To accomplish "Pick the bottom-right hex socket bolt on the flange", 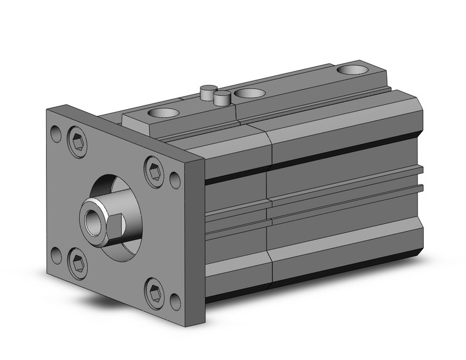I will [154, 293].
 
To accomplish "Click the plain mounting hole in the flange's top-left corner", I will [56, 132].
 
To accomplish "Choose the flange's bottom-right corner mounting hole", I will [175, 301].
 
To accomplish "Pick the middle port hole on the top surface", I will [250, 94].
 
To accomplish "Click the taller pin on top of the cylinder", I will [208, 92].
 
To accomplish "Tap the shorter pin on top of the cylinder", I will [223, 96].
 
